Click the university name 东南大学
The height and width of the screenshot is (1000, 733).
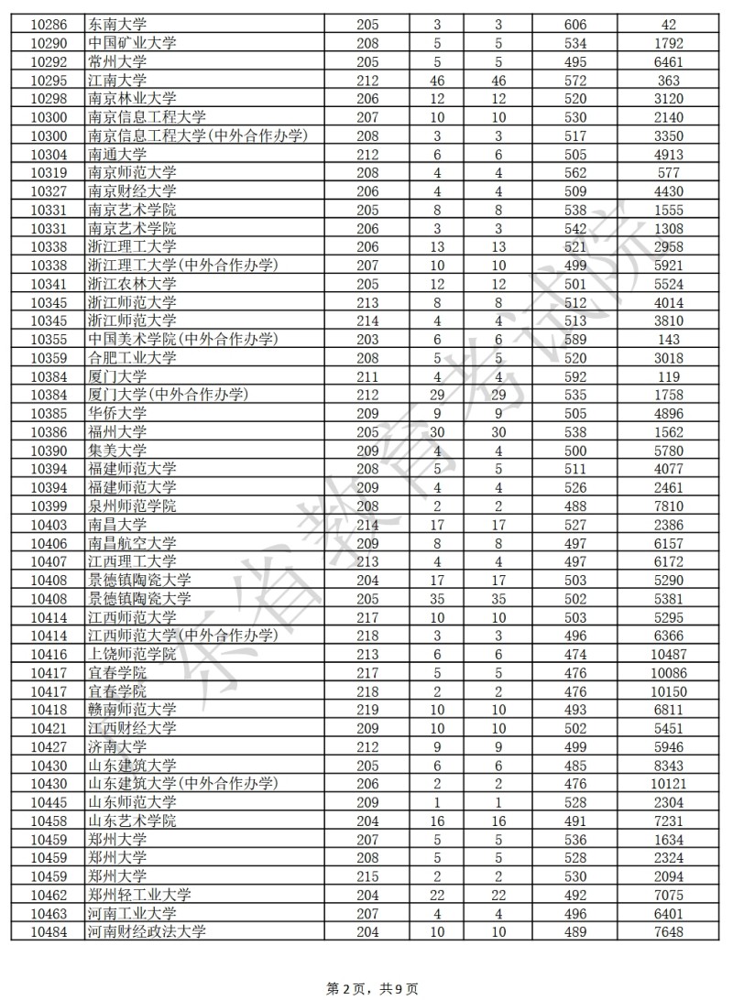[x=117, y=25]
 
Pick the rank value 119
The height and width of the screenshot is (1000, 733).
[x=669, y=376]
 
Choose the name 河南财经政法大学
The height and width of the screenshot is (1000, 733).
[x=147, y=932]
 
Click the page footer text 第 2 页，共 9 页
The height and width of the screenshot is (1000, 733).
[x=372, y=988]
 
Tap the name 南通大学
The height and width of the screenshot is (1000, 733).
[x=117, y=154]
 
